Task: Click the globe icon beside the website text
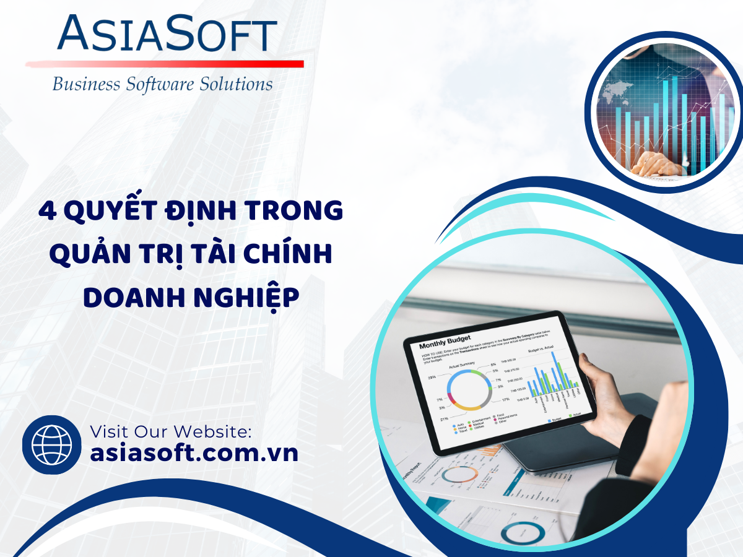coord(51,444)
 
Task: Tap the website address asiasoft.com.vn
coord(194,452)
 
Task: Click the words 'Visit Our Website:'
coord(171,431)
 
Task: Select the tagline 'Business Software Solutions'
coord(162,84)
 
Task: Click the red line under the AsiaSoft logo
coord(165,64)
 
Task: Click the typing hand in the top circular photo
coord(656,162)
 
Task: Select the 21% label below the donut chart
coord(444,418)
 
